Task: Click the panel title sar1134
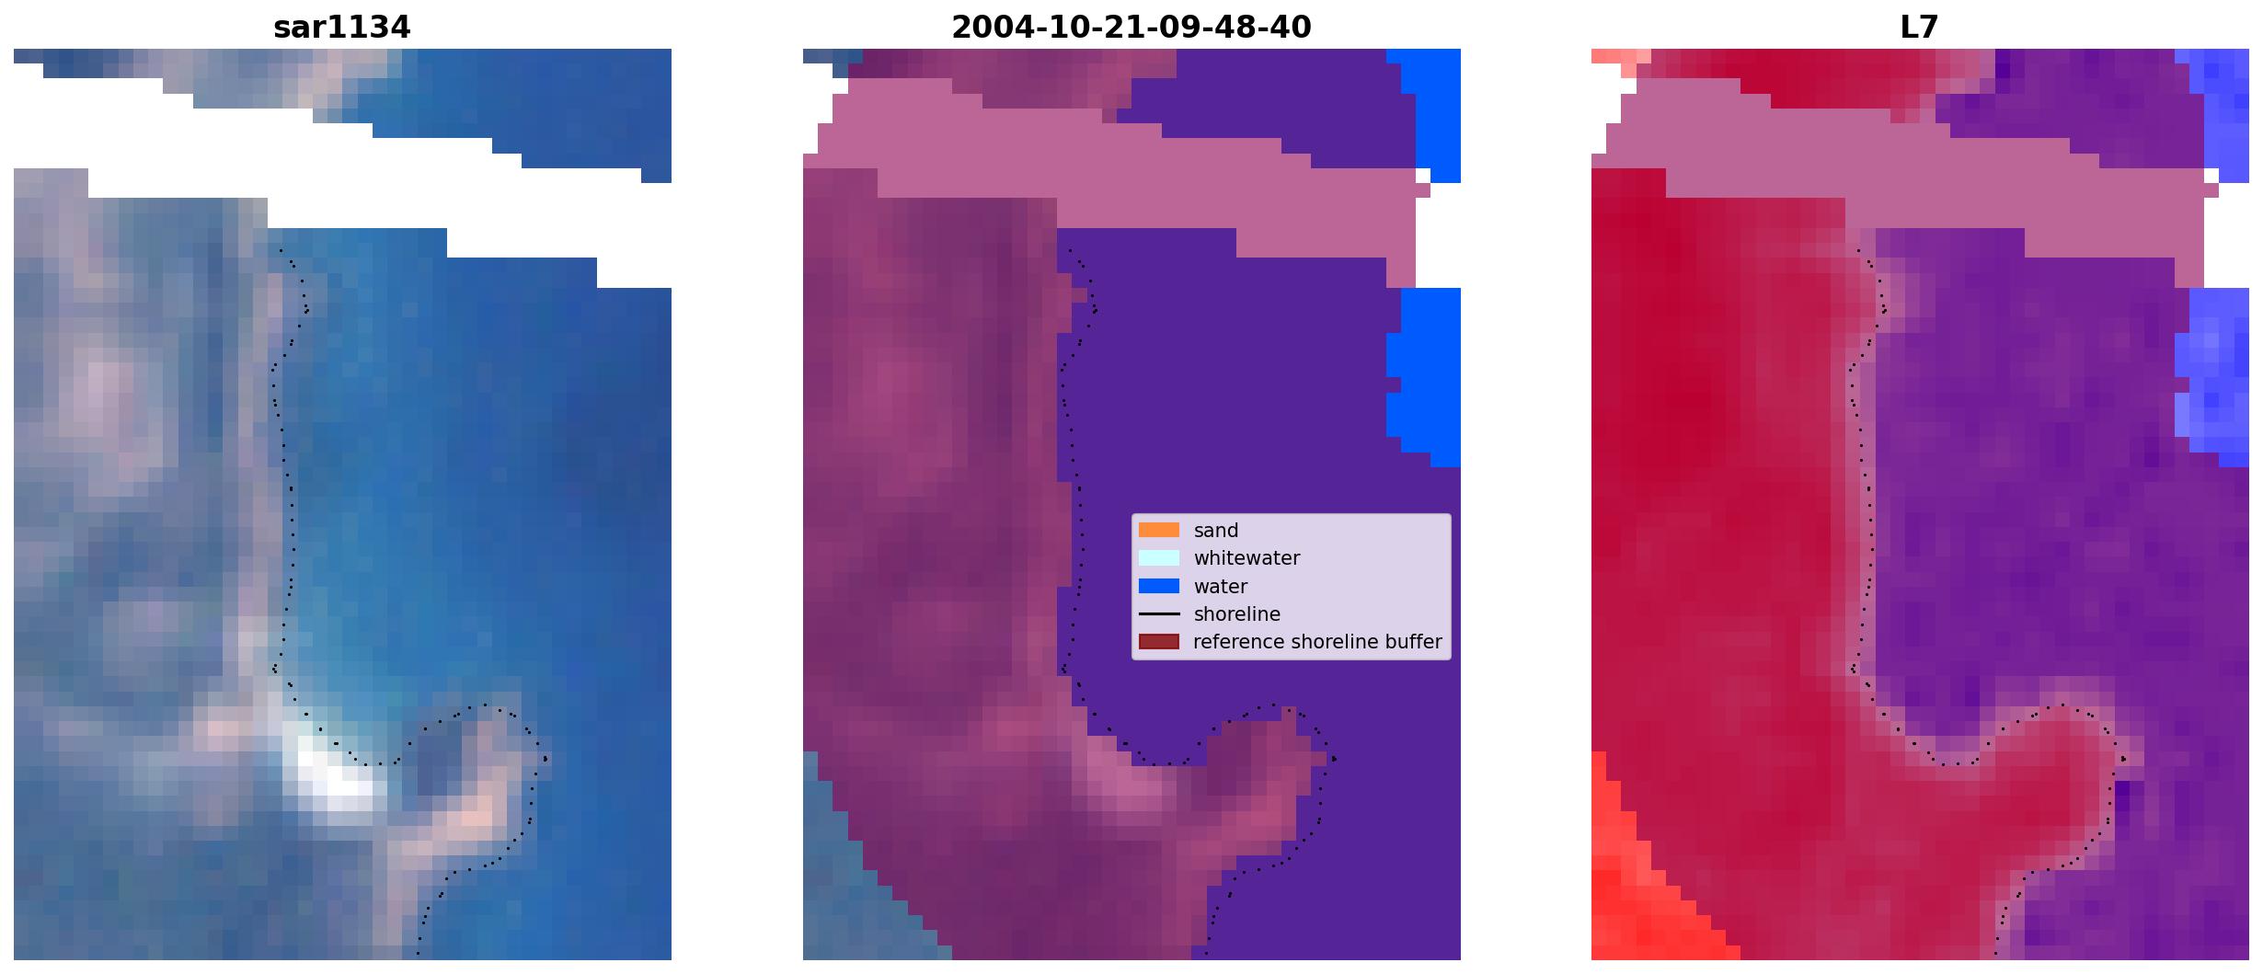[341, 28]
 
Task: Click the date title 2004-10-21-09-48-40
[1131, 28]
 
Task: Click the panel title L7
[1919, 28]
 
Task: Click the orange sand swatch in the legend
[1158, 530]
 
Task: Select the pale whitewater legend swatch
[1158, 557]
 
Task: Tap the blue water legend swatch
[1158, 586]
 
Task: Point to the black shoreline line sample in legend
[1158, 613]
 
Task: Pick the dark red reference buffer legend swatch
[1158, 641]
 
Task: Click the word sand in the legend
[1215, 531]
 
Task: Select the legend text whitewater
[1246, 558]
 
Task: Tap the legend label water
[1220, 587]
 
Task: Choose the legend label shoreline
[1236, 613]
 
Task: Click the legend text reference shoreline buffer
[1317, 642]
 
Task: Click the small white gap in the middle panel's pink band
[1423, 175]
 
